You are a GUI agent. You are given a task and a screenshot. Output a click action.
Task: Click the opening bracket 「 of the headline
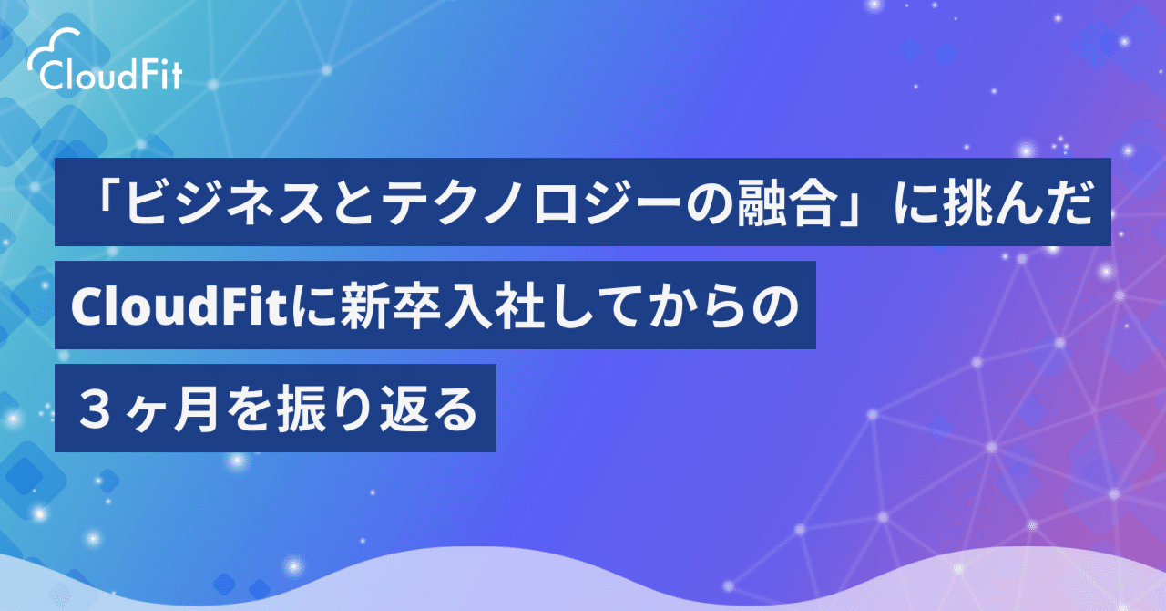pyautogui.click(x=97, y=203)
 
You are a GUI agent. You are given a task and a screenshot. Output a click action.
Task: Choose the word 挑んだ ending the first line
pyautogui.click(x=1015, y=203)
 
